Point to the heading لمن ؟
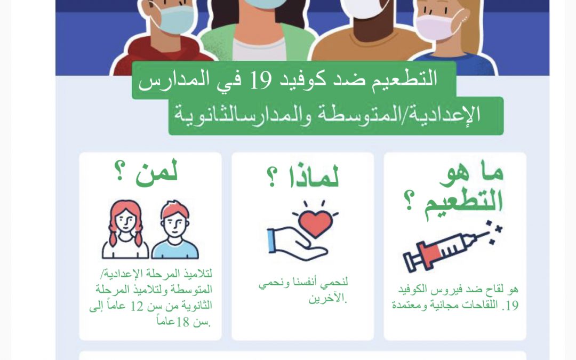pos(146,171)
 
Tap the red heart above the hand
pos(315,223)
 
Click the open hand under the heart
pos(297,244)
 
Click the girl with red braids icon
pos(125,229)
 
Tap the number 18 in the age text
pos(182,323)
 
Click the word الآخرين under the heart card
pos(327,298)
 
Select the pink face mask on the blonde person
pos(437,27)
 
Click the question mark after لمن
pos(120,171)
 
